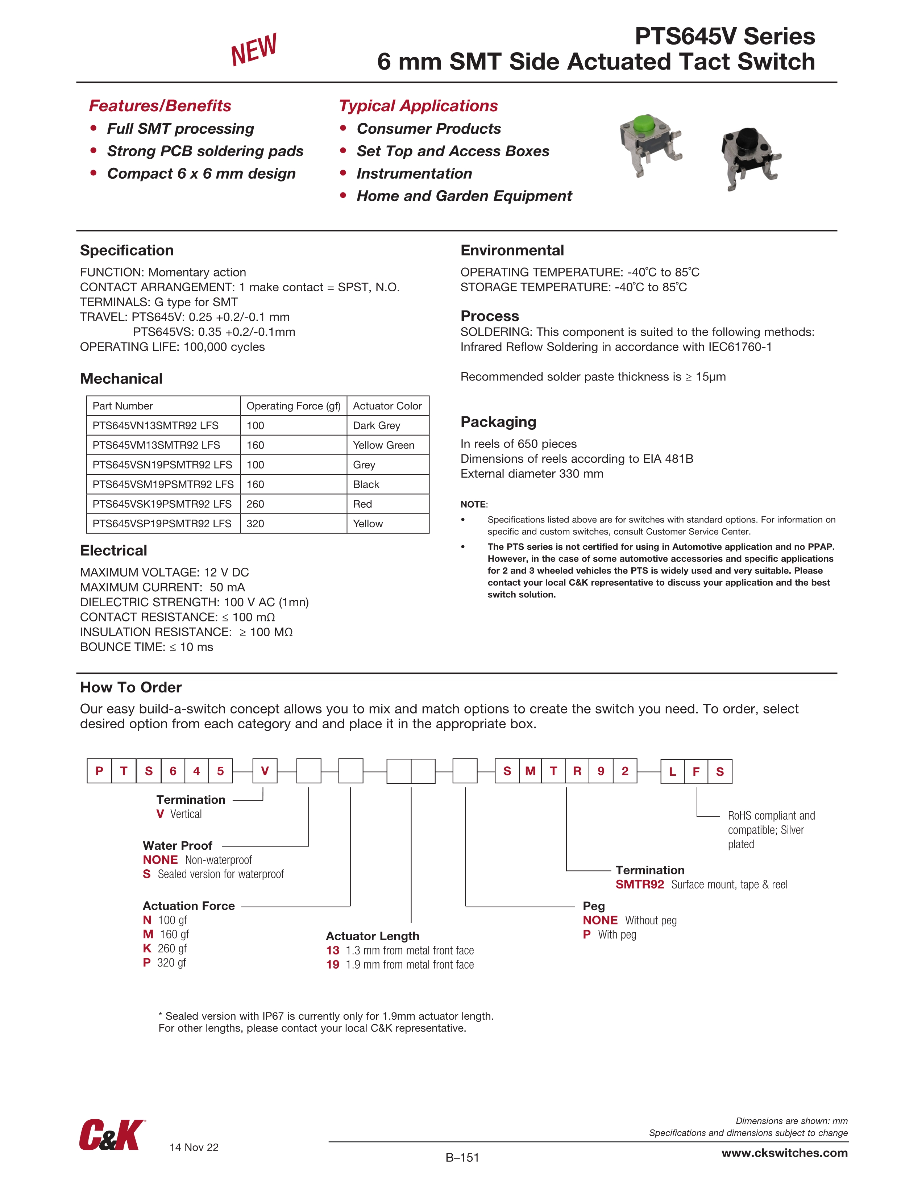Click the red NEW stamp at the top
pos(253,49)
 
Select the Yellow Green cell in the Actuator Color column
pos(383,445)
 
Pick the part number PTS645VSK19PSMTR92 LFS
pos(162,504)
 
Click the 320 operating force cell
pos(256,524)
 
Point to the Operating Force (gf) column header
pos(293,406)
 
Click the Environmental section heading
pos(512,251)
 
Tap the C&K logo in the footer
pos(111,1135)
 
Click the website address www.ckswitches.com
pos(784,1153)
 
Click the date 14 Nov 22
pos(194,1147)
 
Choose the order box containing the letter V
pos(265,771)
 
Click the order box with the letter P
pos(99,771)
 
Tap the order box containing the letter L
pos(673,771)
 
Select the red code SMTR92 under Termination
pos(639,885)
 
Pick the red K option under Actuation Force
pos(147,949)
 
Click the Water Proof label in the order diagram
pos(178,845)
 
